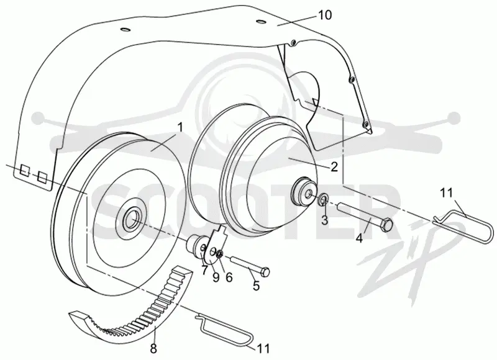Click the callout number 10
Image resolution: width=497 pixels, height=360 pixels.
[324, 14]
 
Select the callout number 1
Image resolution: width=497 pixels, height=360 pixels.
[180, 127]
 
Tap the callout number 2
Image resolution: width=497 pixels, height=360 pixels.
[334, 167]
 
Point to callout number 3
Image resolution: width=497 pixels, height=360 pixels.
[324, 220]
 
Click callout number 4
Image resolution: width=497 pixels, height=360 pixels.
[359, 238]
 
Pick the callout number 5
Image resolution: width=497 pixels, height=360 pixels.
[256, 286]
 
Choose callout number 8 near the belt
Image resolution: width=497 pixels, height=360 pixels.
[153, 349]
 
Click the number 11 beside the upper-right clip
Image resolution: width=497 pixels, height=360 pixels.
[447, 192]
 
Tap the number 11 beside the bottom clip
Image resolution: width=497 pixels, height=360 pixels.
[263, 348]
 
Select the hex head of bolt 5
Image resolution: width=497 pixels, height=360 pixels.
[266, 272]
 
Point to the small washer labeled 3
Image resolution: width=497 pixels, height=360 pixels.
[323, 199]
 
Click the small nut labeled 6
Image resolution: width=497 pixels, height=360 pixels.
[220, 253]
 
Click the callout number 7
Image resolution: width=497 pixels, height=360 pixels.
[204, 270]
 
